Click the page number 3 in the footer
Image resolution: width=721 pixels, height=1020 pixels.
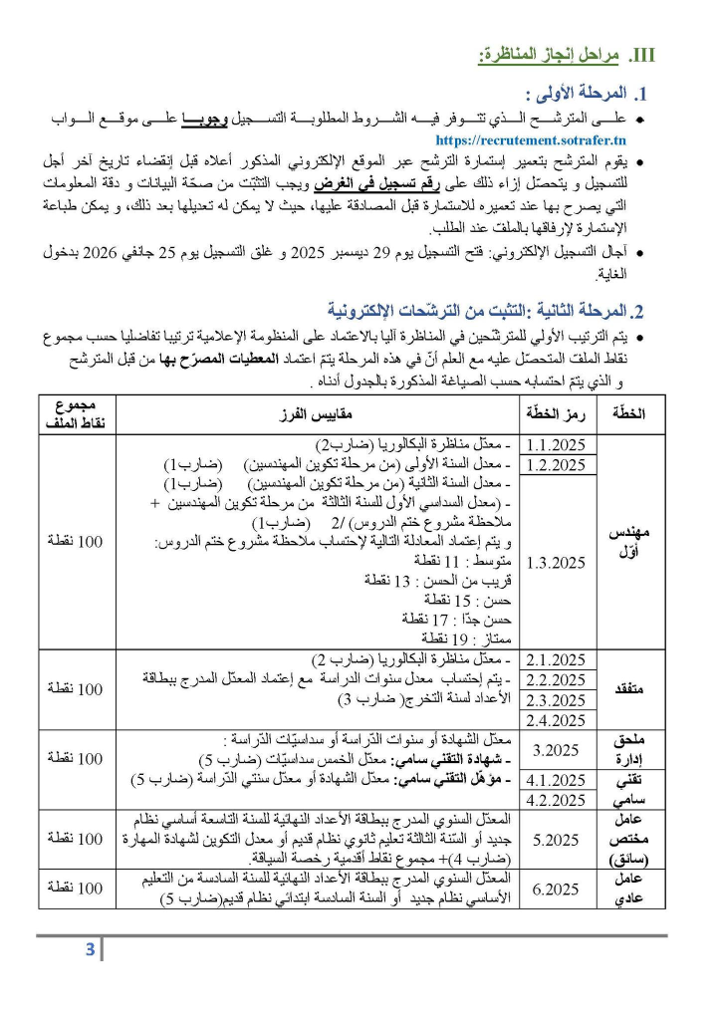[90, 949]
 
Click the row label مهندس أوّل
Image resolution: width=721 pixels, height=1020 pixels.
[629, 543]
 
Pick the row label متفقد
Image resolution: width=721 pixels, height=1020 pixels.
[629, 689]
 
